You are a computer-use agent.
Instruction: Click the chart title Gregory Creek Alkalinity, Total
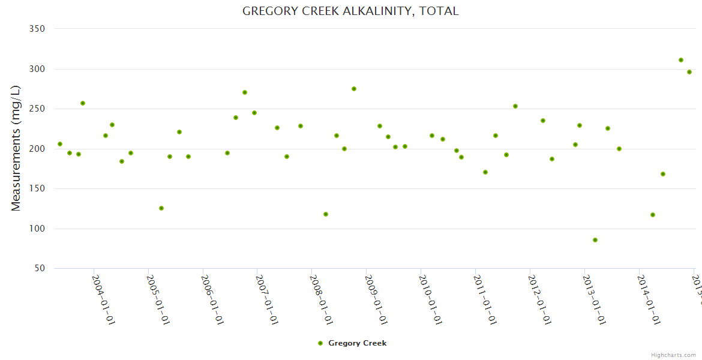click(x=350, y=11)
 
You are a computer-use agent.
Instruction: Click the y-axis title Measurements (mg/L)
click(x=16, y=148)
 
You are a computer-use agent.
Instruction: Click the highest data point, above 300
click(x=681, y=60)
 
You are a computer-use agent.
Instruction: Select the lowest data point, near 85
click(x=595, y=240)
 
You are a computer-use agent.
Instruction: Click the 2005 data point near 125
click(x=161, y=208)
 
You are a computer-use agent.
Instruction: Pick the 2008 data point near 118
click(x=326, y=214)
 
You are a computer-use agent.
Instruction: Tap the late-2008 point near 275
click(x=354, y=89)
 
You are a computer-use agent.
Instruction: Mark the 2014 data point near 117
click(x=653, y=215)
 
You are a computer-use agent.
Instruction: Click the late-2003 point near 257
click(x=83, y=103)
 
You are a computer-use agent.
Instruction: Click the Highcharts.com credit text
click(x=673, y=355)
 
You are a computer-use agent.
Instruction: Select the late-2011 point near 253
click(x=515, y=106)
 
